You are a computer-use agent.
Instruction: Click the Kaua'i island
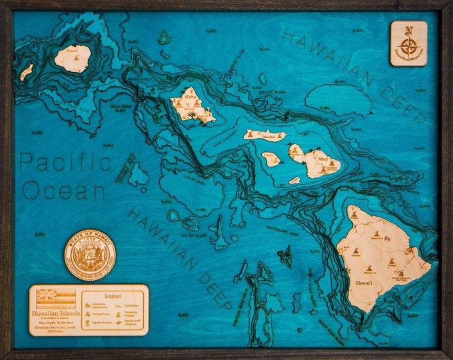pos(73,58)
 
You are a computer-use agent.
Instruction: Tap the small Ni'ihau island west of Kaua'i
pos(27,71)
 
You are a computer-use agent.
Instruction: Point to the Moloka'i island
pos(265,135)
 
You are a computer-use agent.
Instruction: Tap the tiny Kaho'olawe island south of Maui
pos(294,180)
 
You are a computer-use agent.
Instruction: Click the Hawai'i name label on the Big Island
pos(363,283)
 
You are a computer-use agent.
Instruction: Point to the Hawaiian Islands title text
pos(56,312)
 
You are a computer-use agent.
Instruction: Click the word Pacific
pos(65,163)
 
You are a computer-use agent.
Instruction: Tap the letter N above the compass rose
pos(409,29)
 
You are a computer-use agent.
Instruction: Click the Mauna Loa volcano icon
pos(369,268)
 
